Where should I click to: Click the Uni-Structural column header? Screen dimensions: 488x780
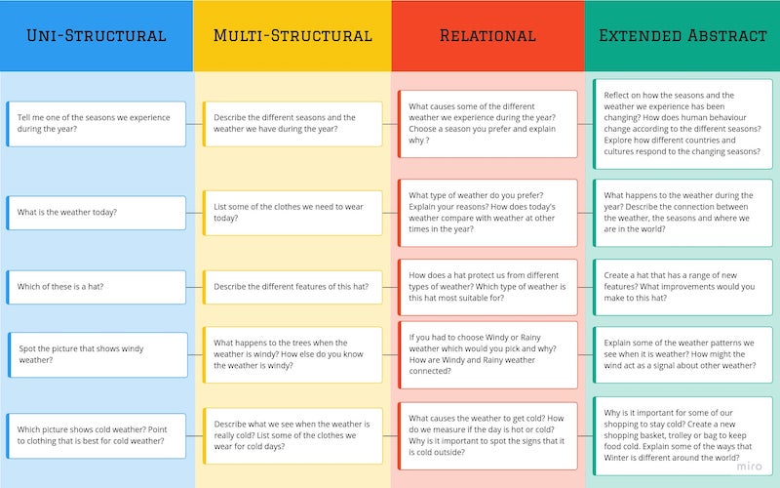(x=97, y=36)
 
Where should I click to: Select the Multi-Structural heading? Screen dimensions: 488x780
(x=292, y=36)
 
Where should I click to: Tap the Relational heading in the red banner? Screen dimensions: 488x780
(x=487, y=36)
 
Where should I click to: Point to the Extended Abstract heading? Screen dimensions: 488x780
(x=682, y=36)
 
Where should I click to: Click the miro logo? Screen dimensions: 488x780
(x=749, y=468)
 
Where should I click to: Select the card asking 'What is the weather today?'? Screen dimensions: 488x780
(x=97, y=213)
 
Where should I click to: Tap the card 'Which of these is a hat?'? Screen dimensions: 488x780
(x=97, y=287)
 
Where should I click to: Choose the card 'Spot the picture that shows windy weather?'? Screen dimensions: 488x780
(x=97, y=353)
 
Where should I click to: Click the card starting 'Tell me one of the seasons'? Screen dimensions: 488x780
(x=97, y=124)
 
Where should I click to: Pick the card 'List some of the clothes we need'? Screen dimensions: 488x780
(x=292, y=213)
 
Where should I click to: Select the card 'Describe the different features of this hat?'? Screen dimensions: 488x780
(x=292, y=287)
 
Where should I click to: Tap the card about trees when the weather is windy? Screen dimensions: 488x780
(x=292, y=353)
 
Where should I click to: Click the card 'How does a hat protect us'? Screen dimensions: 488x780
(x=487, y=287)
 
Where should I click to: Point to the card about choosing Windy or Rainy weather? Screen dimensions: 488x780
(x=487, y=353)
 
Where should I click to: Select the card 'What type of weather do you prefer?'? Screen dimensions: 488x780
(x=487, y=213)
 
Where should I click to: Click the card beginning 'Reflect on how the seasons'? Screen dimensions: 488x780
(x=682, y=124)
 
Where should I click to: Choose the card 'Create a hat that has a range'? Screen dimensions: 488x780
(x=682, y=287)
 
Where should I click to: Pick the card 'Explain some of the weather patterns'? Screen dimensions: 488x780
(x=682, y=353)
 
